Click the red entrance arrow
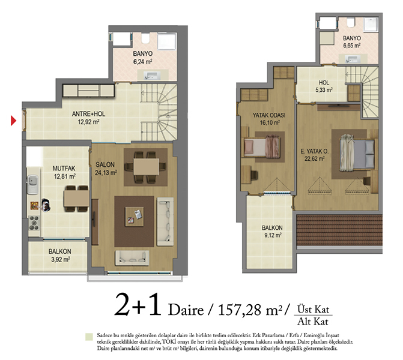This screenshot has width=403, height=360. tap(13, 121)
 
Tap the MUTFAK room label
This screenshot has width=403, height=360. tap(64, 169)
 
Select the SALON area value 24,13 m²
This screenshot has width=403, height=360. tap(106, 173)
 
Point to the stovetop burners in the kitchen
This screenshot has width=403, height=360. tap(34, 223)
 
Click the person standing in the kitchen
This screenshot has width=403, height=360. tap(46, 205)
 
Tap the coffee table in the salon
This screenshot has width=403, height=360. tap(134, 217)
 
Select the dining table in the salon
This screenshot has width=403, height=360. tap(146, 167)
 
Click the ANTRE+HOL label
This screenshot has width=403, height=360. tap(88, 114)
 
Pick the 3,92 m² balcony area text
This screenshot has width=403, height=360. tap(61, 259)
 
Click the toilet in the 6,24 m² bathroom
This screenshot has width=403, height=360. tap(145, 38)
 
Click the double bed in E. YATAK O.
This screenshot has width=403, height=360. tap(357, 154)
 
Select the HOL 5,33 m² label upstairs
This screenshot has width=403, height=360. tap(324, 86)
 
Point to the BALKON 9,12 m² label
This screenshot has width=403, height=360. tap(273, 232)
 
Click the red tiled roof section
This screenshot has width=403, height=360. tap(339, 230)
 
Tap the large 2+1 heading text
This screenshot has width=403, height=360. tap(138, 305)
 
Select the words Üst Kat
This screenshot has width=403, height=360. tap(313, 309)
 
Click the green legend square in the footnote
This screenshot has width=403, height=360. tap(89, 337)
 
